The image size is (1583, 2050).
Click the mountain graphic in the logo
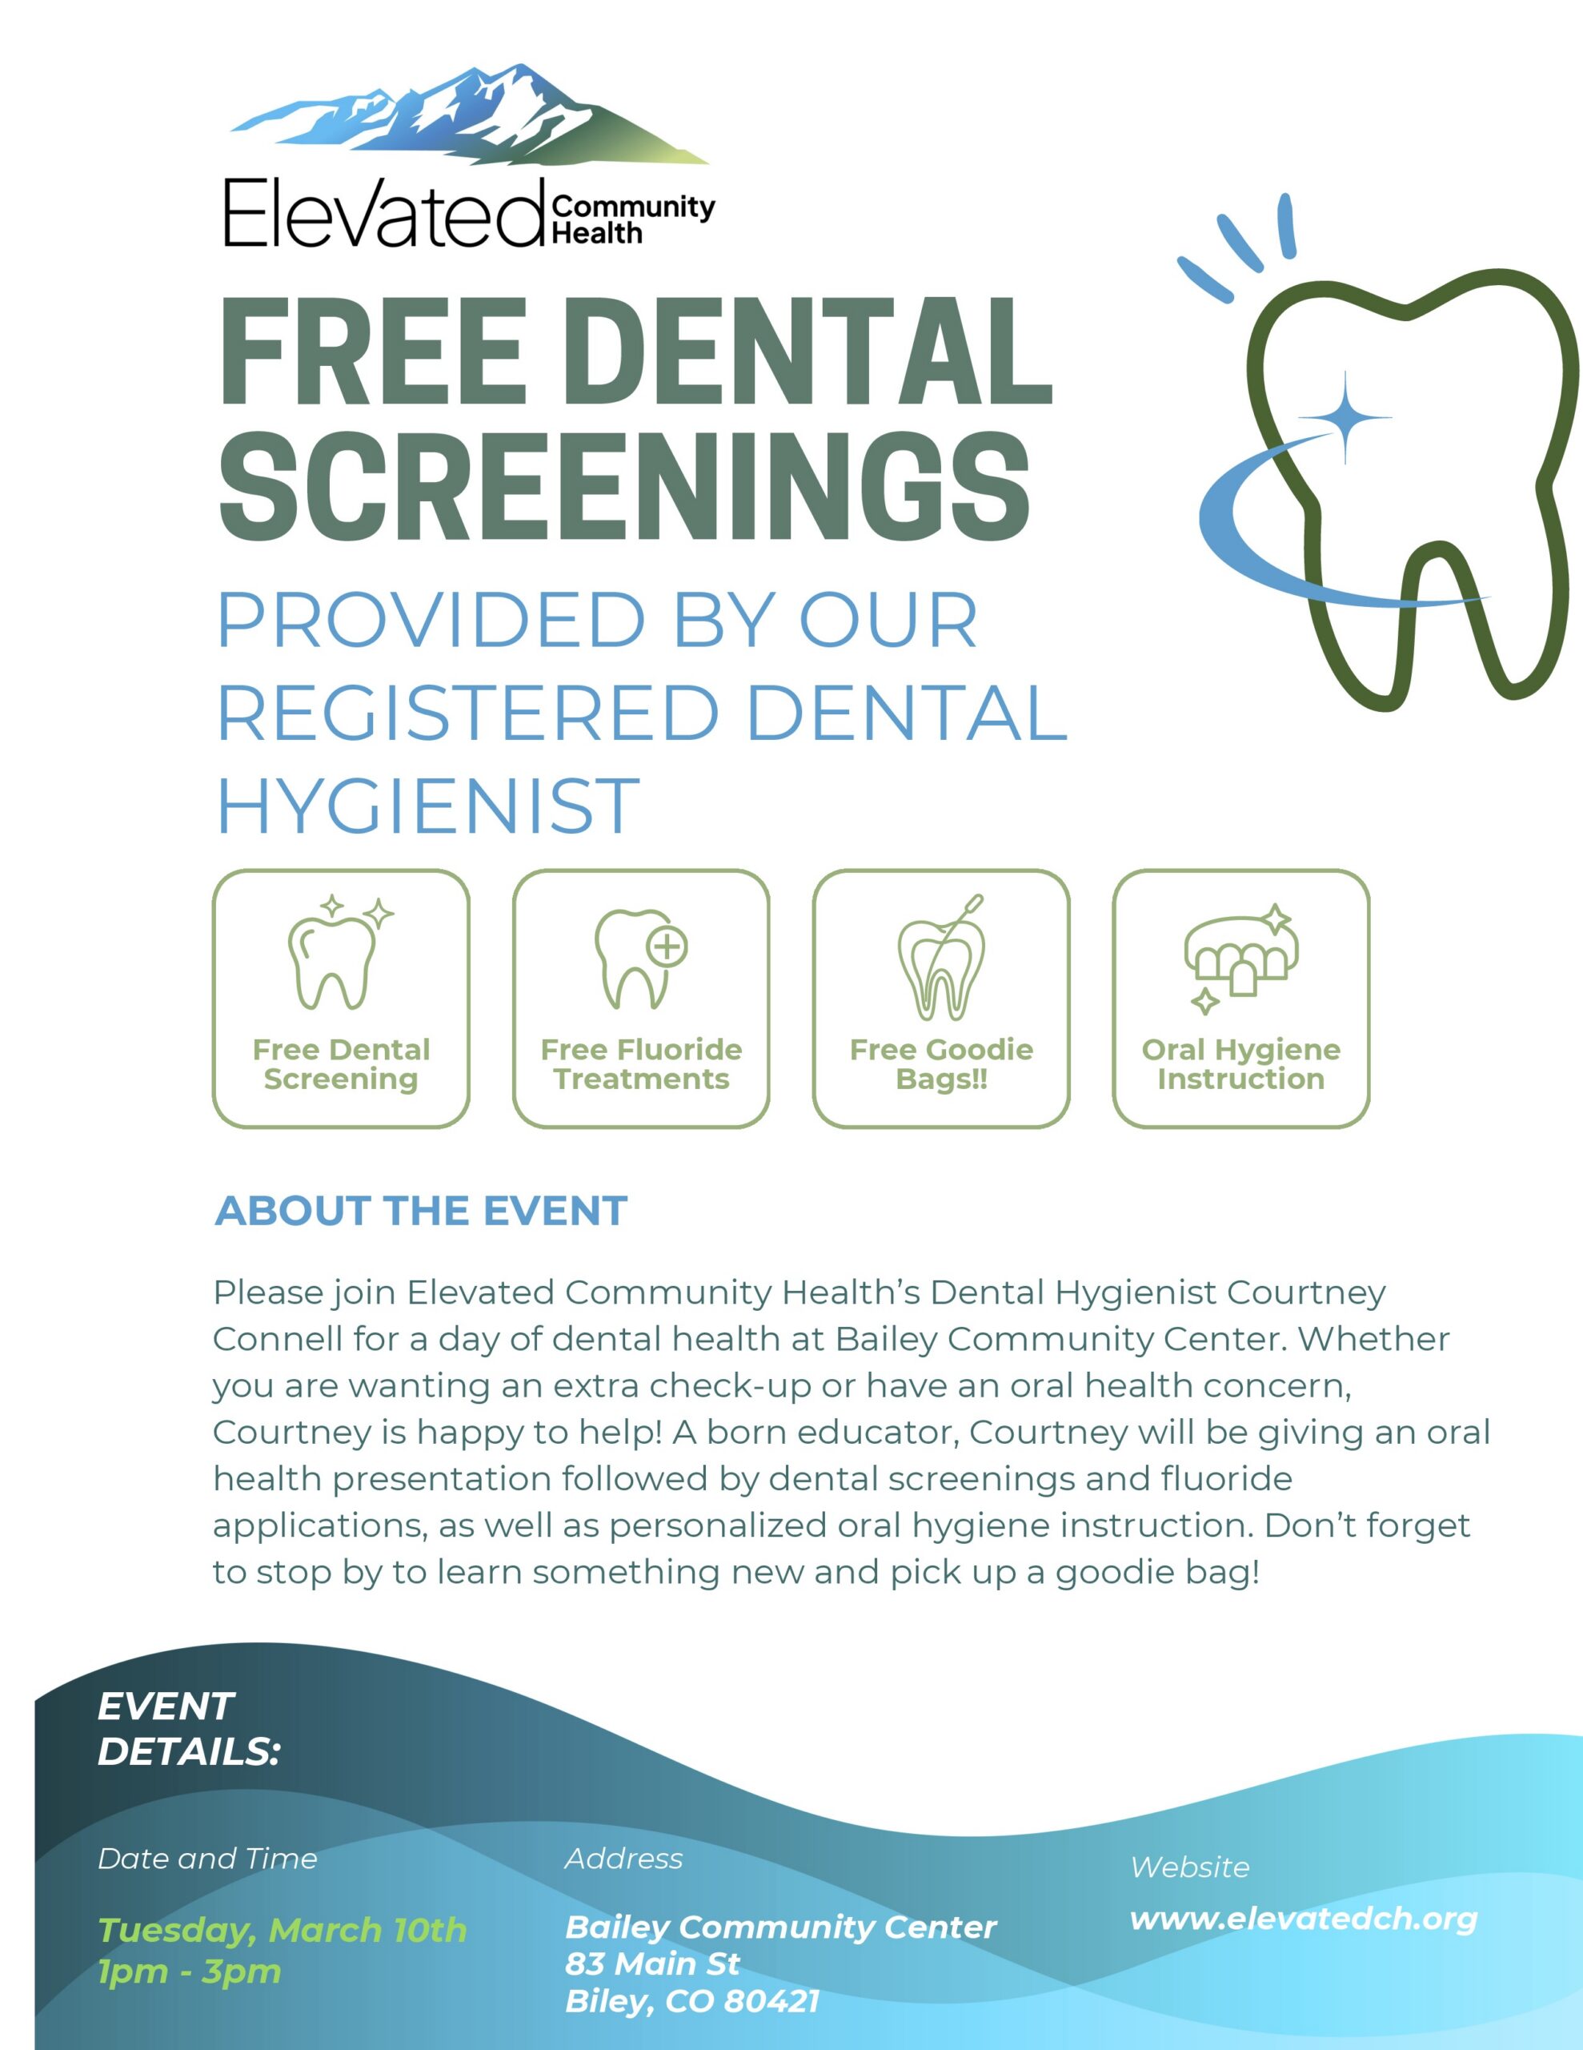click(469, 115)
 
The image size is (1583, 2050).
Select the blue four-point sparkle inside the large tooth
click(1345, 418)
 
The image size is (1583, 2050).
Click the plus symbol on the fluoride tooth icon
click(667, 947)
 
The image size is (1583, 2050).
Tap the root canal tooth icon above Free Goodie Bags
click(941, 958)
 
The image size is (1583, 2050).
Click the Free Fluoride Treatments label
click(641, 1063)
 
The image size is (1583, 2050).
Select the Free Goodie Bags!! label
click(941, 1063)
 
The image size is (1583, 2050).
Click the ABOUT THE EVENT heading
click(420, 1211)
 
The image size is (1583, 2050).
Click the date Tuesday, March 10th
click(283, 1930)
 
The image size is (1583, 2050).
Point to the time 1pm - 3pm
click(190, 1972)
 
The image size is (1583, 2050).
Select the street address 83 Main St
click(652, 1964)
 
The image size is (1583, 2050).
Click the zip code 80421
click(771, 2001)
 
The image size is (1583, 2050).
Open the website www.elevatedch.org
click(1304, 1919)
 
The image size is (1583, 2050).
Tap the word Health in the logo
click(597, 233)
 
